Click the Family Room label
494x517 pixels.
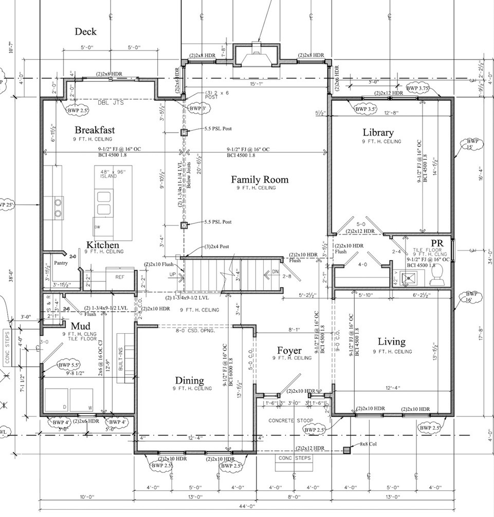[x=260, y=180]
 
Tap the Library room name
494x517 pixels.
[x=377, y=132]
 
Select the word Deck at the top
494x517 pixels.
[x=85, y=32]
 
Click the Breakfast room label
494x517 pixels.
[x=95, y=130]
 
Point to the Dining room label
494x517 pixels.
[x=190, y=380]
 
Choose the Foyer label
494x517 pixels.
[x=289, y=350]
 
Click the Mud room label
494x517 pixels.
[x=80, y=326]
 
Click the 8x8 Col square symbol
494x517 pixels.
[x=347, y=450]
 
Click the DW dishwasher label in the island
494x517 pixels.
[x=96, y=226]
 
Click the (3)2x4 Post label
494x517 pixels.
[x=216, y=246]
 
